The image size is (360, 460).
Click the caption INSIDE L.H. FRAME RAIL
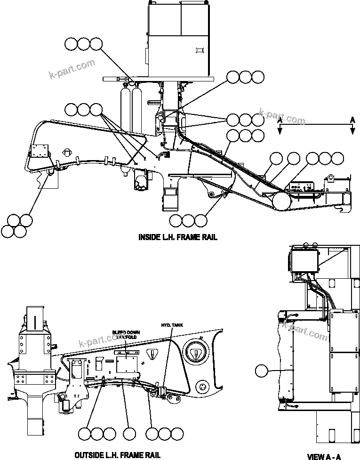[x=177, y=237]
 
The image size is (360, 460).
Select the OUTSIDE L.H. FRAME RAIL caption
[x=117, y=454]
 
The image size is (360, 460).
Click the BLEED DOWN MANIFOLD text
[x=126, y=334]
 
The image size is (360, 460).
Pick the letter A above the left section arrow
[x=280, y=121]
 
